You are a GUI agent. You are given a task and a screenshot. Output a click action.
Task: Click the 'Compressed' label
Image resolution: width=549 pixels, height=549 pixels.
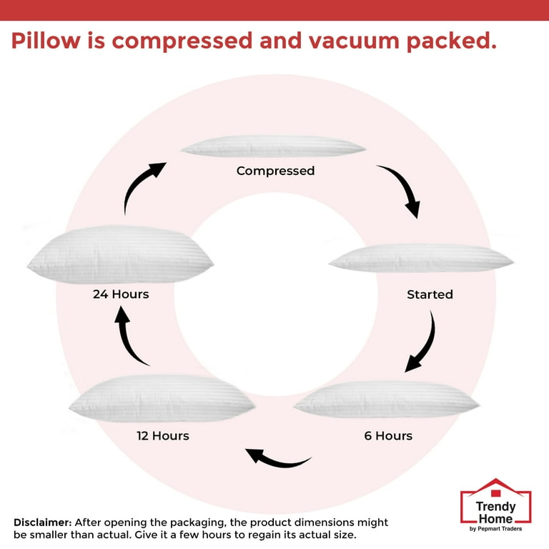(275, 171)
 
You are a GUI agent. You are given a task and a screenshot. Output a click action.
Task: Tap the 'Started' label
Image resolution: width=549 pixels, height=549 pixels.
(430, 295)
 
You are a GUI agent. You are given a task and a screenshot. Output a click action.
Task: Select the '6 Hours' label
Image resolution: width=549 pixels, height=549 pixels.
(388, 436)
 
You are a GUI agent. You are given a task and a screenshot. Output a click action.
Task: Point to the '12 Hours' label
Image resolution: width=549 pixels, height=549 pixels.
(163, 436)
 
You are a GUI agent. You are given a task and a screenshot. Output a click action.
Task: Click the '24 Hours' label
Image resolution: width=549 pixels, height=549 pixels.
(121, 294)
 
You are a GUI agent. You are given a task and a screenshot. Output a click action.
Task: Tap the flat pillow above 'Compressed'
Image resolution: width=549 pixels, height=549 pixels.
(274, 147)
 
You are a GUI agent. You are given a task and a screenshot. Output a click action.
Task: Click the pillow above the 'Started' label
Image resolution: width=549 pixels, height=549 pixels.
(421, 258)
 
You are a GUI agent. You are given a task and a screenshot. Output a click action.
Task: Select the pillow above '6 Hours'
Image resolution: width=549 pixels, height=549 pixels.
(387, 400)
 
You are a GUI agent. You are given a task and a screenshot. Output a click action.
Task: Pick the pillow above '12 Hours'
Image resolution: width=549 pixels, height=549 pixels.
(162, 399)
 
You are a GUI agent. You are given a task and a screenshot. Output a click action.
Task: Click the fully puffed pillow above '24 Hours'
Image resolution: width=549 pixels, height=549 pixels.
(120, 254)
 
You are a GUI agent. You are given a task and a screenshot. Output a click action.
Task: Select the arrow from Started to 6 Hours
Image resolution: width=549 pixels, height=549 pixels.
(429, 346)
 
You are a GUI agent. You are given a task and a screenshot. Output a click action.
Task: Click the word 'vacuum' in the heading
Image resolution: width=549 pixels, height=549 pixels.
(354, 41)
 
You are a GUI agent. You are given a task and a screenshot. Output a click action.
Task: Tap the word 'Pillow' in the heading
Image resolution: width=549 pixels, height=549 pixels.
(46, 40)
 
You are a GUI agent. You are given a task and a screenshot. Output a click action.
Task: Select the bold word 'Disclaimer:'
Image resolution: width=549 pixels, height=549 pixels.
(43, 523)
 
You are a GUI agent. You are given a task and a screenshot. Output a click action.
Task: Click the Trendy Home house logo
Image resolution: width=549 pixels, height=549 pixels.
(496, 505)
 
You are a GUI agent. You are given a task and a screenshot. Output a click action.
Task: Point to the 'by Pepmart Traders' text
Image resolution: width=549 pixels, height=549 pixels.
(496, 529)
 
